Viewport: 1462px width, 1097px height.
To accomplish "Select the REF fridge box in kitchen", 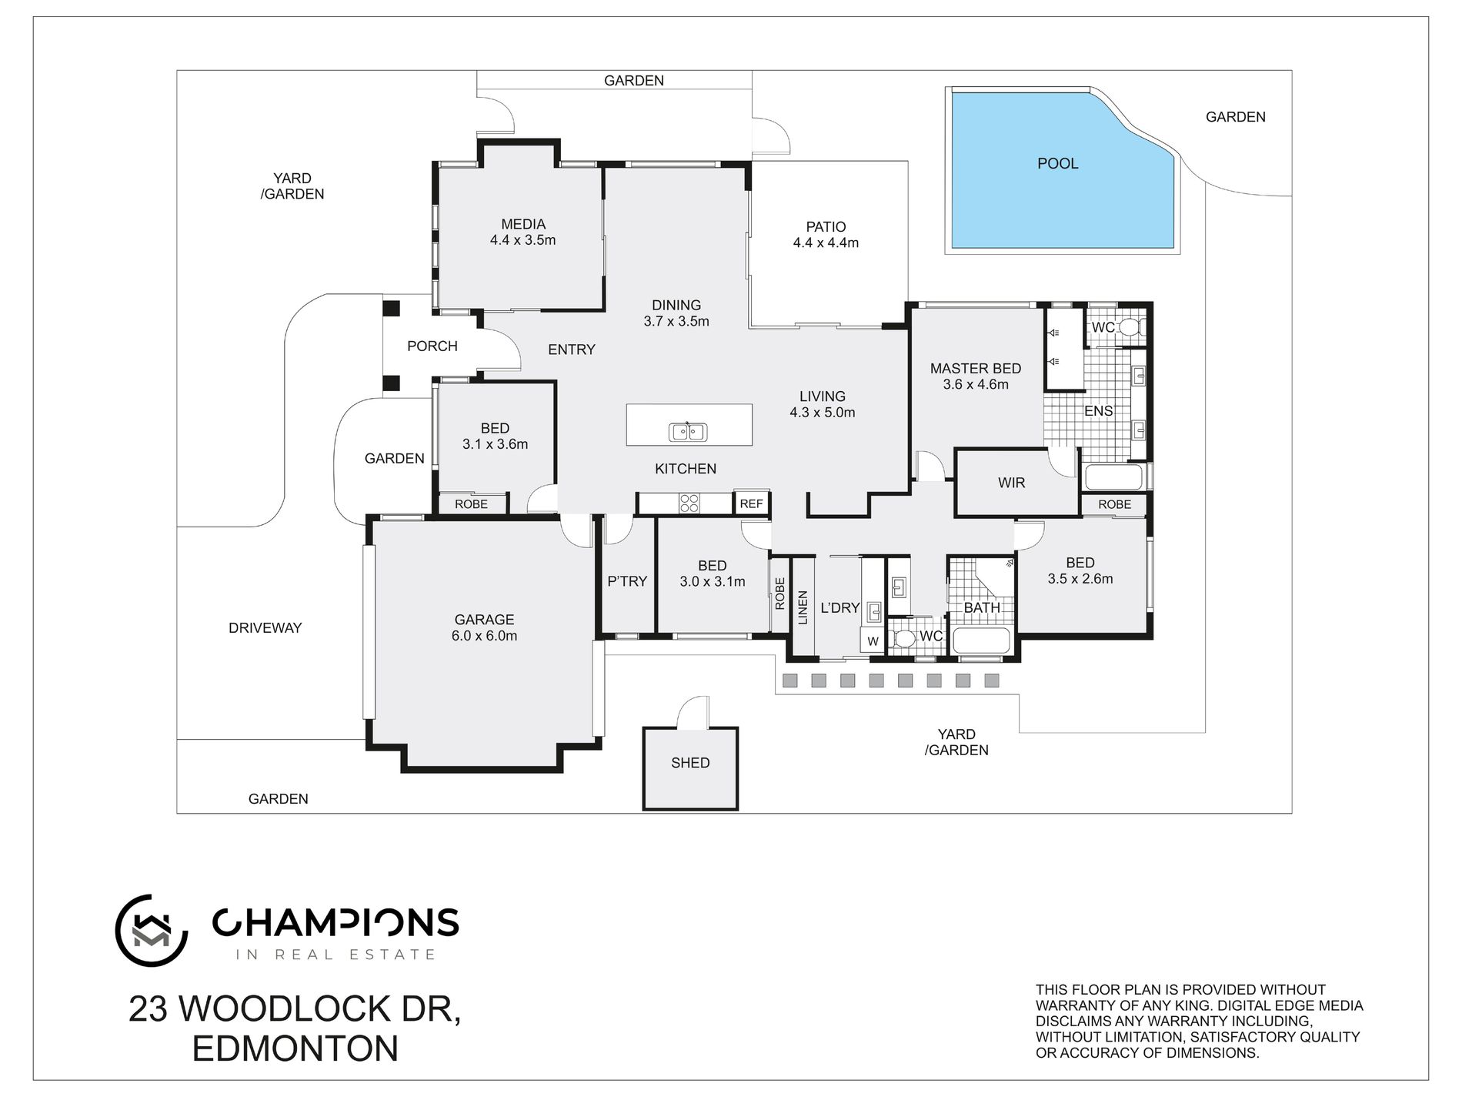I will click(751, 503).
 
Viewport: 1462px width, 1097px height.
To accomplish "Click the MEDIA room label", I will click(523, 224).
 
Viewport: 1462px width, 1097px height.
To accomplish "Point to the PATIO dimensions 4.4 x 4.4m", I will click(826, 243).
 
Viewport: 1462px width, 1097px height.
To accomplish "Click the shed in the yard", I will click(690, 768).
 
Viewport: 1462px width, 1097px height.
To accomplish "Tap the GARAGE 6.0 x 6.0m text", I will click(484, 628).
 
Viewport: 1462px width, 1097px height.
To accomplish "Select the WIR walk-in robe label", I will click(1011, 483).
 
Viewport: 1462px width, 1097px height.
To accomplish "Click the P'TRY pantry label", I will click(627, 581).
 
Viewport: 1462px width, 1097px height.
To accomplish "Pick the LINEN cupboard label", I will click(803, 607).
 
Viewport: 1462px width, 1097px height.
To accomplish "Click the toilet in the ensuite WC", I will click(1130, 327).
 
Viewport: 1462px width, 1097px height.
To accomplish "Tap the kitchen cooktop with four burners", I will click(689, 503).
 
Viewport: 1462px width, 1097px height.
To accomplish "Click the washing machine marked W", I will click(873, 640).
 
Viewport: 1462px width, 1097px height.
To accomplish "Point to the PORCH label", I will click(432, 346).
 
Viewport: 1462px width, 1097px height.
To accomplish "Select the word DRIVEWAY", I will click(265, 628).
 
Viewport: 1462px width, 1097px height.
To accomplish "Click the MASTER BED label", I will click(975, 369).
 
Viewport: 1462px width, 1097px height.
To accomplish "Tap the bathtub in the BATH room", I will click(980, 640).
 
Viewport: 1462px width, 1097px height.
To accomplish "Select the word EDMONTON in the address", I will click(295, 1049).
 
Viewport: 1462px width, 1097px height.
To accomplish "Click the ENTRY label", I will click(571, 350).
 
